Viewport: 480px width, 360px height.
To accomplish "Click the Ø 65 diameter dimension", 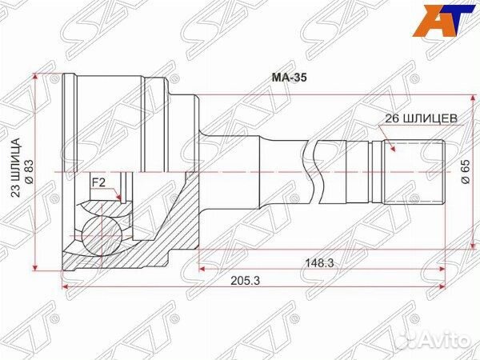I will click(x=465, y=172).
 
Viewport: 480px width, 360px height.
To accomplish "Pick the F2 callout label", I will click(x=98, y=182).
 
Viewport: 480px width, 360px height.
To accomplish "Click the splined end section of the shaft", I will click(x=414, y=171).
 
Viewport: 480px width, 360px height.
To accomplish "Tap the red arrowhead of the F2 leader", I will click(x=118, y=198).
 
